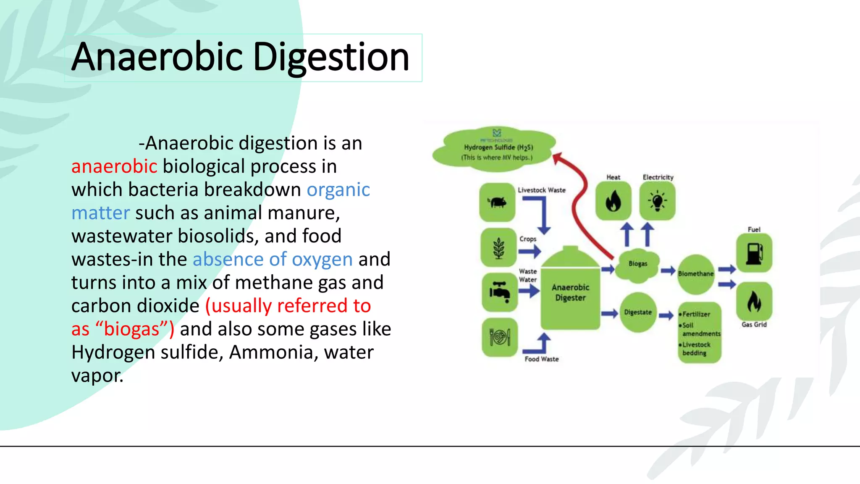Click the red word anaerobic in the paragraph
(114, 166)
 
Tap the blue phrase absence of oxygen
(273, 259)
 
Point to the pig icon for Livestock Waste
(498, 203)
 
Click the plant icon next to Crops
(498, 248)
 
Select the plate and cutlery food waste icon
(500, 337)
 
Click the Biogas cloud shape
(637, 264)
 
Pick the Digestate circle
(638, 312)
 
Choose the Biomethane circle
(696, 274)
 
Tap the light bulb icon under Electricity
(657, 201)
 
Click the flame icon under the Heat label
(613, 201)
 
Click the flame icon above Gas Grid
(754, 301)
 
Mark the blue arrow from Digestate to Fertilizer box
(666, 315)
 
